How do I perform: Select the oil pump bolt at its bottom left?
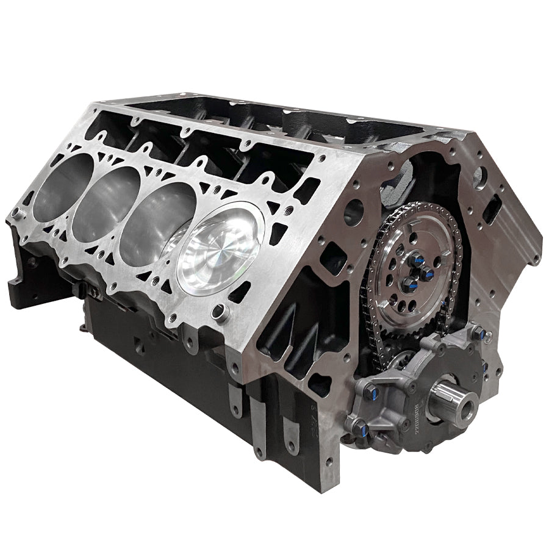click(x=353, y=423)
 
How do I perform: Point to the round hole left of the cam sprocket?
click(x=353, y=213)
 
